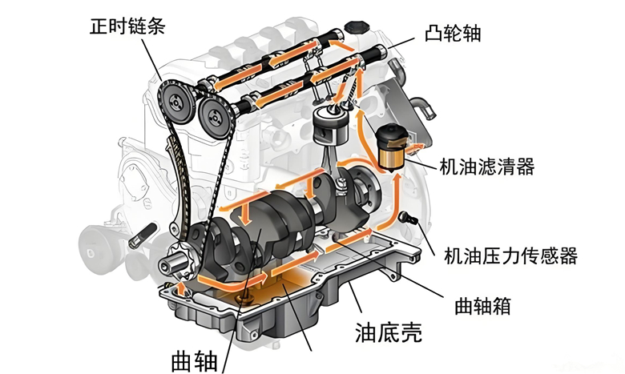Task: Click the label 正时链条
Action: coord(127,26)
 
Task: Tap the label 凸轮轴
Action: coord(453,33)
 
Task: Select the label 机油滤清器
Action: coord(486,167)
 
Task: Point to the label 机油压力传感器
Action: coord(510,255)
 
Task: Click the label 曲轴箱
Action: coord(482,306)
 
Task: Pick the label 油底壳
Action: coord(389,332)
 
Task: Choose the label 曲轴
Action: coord(194,362)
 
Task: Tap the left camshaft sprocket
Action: coord(176,103)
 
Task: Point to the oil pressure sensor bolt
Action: coord(407,219)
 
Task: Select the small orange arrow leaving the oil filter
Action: coord(414,149)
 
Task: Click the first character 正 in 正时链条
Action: coord(98,26)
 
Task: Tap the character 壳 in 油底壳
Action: coord(411,332)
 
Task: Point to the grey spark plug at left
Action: coord(143,235)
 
